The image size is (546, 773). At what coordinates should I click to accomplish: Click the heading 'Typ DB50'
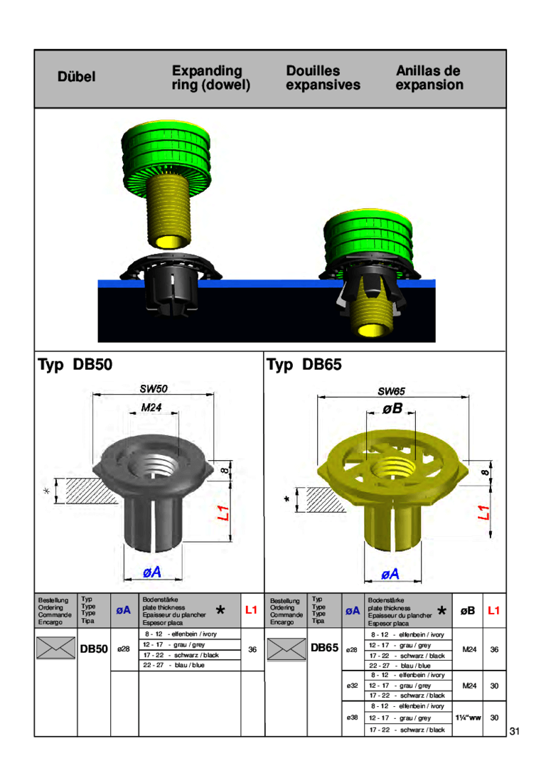(x=75, y=366)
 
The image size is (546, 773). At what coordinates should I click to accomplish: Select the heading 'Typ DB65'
(x=304, y=366)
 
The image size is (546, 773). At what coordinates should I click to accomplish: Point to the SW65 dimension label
(x=390, y=391)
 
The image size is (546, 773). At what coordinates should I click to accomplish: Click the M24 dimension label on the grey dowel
(x=151, y=407)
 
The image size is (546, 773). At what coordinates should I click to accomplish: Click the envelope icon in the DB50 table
(x=57, y=649)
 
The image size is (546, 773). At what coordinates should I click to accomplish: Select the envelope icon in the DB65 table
(x=286, y=649)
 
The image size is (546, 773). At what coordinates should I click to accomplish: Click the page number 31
(x=515, y=732)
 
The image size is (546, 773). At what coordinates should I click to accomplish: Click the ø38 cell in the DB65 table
(x=351, y=718)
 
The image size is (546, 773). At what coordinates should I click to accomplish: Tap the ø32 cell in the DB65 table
(x=351, y=685)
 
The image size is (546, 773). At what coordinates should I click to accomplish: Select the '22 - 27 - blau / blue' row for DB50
(x=173, y=665)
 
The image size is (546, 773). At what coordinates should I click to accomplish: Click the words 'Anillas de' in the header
(x=428, y=71)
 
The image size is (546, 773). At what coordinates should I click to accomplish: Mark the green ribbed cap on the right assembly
(x=369, y=238)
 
